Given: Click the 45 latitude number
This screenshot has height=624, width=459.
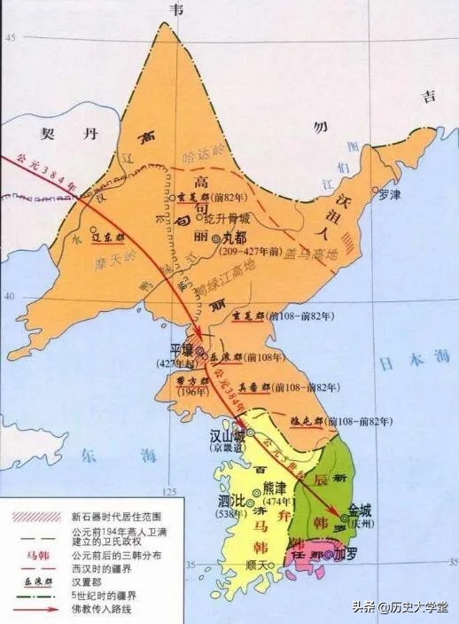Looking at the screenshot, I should pyautogui.click(x=11, y=38).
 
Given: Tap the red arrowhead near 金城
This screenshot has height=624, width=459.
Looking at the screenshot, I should pyautogui.click(x=339, y=511).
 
